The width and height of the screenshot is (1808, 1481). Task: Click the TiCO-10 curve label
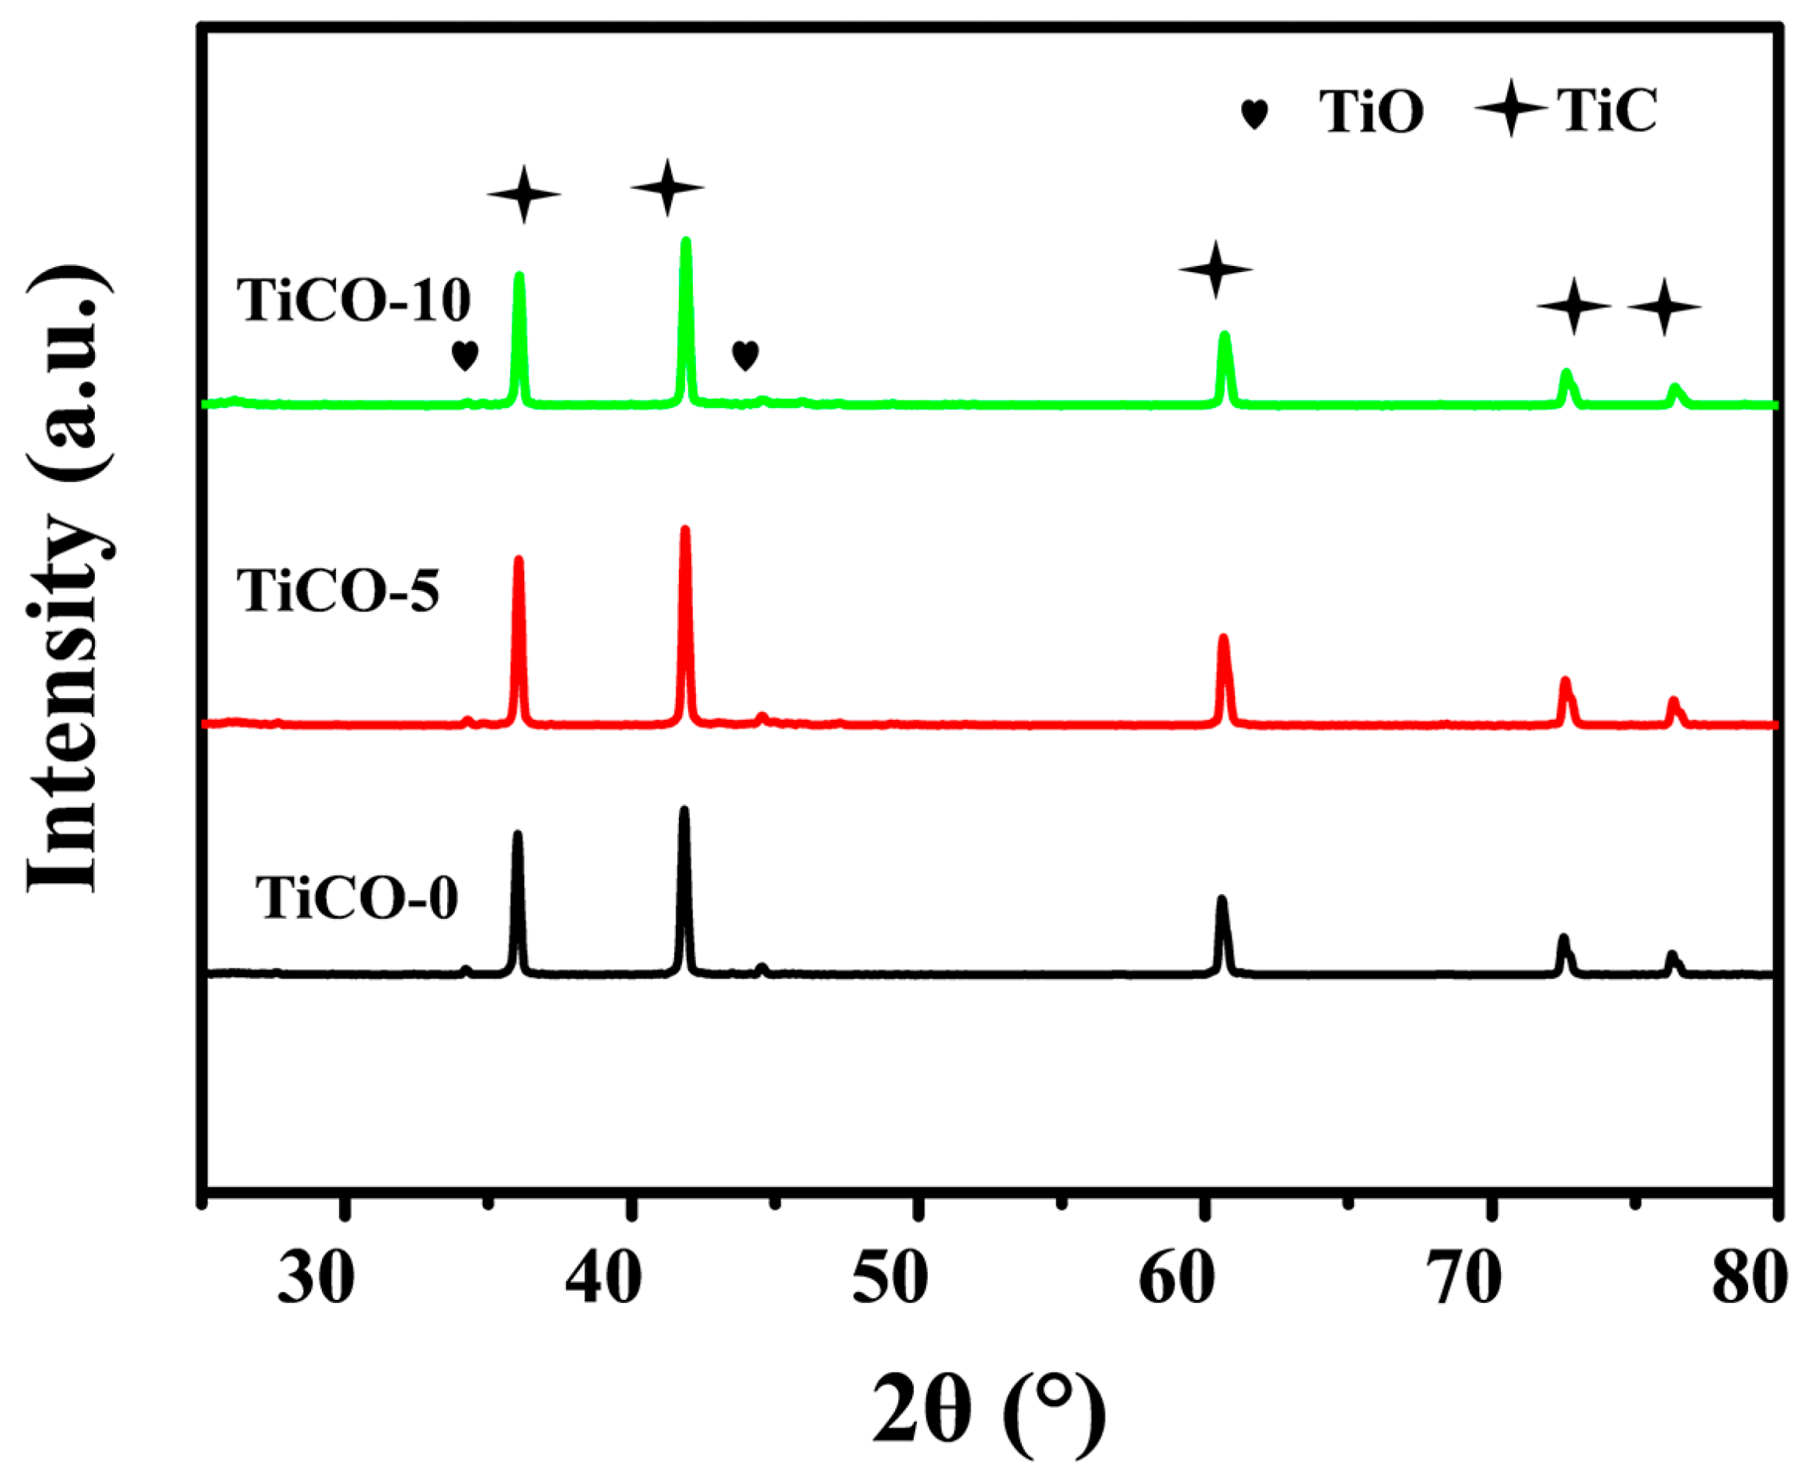click(x=354, y=300)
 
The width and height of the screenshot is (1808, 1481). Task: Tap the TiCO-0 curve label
click(x=357, y=899)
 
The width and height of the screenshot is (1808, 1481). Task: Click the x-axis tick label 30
click(x=316, y=1279)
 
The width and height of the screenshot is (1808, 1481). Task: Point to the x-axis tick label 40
click(x=603, y=1279)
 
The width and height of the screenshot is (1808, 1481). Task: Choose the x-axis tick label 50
click(x=890, y=1279)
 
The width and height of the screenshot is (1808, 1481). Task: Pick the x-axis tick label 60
click(x=1177, y=1279)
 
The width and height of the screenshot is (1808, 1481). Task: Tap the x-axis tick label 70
click(x=1464, y=1279)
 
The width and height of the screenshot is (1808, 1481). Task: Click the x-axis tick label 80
click(x=1748, y=1279)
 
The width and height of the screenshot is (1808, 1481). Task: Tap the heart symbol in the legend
click(x=1254, y=114)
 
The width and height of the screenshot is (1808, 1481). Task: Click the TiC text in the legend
click(x=1607, y=111)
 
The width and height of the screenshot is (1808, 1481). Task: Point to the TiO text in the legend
click(x=1371, y=112)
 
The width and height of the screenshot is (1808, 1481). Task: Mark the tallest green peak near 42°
click(x=686, y=243)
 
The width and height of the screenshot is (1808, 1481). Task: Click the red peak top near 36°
click(x=518, y=561)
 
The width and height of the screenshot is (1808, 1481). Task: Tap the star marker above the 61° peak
click(x=1216, y=270)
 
